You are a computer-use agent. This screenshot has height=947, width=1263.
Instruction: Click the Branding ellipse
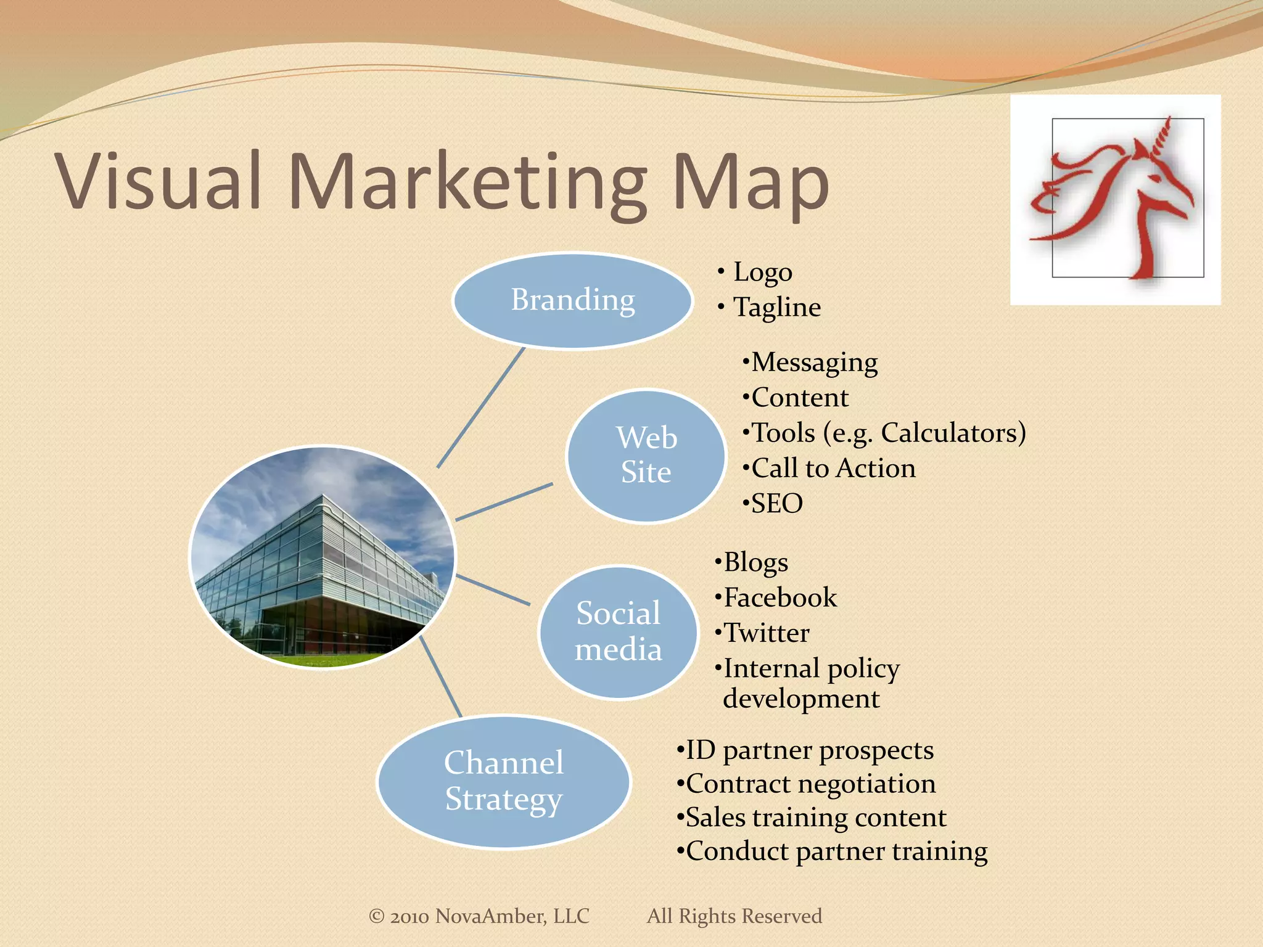point(572,301)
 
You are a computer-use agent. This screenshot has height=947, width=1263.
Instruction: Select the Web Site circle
point(646,456)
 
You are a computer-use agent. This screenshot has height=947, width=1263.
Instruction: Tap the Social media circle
point(618,632)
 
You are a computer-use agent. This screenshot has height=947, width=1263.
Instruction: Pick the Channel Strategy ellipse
point(503,782)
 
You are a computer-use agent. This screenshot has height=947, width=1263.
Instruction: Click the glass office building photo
point(322,557)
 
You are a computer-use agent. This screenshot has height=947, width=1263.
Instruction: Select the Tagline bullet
point(776,307)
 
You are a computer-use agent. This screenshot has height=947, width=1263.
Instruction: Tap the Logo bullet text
point(762,272)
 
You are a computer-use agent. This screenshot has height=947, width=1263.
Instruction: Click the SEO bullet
point(776,503)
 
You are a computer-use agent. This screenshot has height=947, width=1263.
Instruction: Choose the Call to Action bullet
point(833,468)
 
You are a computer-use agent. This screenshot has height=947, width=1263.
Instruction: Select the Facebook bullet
point(780,597)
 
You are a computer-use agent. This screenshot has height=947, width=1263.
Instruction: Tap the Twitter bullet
point(766,633)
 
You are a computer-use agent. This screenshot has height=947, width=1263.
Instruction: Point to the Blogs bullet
point(755,562)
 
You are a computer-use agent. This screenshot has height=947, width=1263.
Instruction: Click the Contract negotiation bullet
point(810,784)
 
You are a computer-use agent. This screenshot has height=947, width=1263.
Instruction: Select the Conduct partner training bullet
point(836,851)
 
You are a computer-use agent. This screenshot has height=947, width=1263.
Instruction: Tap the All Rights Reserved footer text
point(734,916)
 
